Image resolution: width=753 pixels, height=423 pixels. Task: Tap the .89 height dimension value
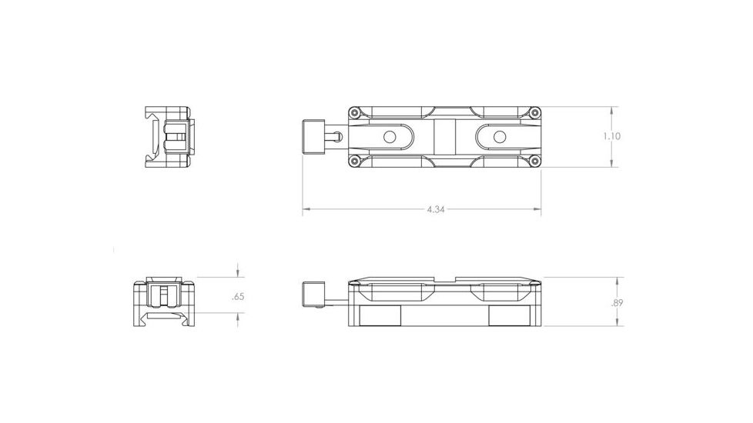pos(617,303)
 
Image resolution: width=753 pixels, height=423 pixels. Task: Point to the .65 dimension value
pos(237,296)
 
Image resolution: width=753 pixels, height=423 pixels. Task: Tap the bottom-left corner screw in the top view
pos(354,161)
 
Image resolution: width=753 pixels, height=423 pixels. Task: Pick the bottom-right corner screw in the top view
pos(534,161)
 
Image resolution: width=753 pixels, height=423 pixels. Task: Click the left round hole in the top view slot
pos(389,137)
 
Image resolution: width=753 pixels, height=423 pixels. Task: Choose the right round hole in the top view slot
pos(499,137)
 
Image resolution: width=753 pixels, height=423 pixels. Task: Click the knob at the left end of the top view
pos(315,137)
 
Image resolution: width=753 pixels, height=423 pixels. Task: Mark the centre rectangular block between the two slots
pos(444,137)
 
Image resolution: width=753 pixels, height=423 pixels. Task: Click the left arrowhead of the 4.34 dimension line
pos(306,209)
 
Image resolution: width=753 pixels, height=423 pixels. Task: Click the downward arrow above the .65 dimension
pos(238,274)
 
